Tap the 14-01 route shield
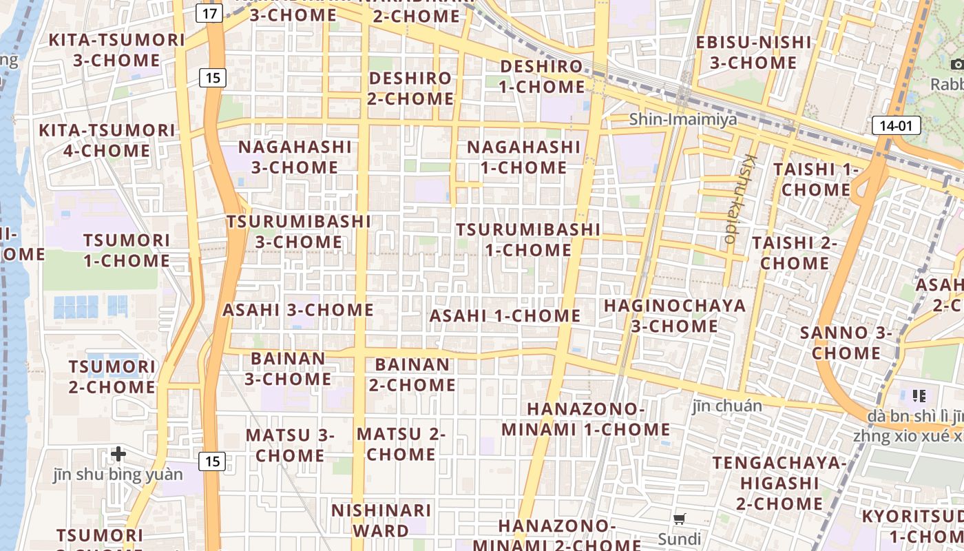click(x=896, y=125)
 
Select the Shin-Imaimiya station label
click(x=682, y=119)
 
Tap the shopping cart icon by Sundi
click(x=680, y=519)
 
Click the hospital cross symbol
click(x=118, y=454)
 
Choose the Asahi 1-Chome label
click(x=505, y=316)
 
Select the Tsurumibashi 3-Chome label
click(x=299, y=231)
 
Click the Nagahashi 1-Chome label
click(x=524, y=157)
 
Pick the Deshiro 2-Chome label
click(x=411, y=88)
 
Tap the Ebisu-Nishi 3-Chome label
click(x=753, y=52)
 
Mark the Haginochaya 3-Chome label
click(x=675, y=315)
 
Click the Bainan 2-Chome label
click(x=412, y=374)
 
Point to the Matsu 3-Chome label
click(x=290, y=445)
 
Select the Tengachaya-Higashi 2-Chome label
click(x=779, y=483)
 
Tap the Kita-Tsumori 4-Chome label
click(x=107, y=141)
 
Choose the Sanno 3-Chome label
click(x=846, y=343)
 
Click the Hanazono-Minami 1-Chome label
click(x=585, y=419)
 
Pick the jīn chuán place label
click(x=727, y=406)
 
